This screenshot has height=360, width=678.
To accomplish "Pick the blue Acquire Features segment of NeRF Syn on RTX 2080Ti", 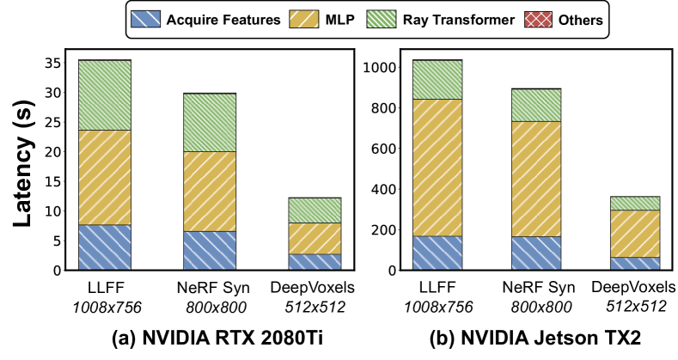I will pos(211,250).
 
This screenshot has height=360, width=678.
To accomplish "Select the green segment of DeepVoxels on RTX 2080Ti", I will pos(315,210).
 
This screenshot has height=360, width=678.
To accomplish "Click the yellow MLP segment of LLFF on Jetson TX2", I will pos(437,168).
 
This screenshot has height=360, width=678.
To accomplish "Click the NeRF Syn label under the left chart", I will pos(211,287).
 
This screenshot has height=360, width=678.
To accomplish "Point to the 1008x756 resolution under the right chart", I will pos(437,304).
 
